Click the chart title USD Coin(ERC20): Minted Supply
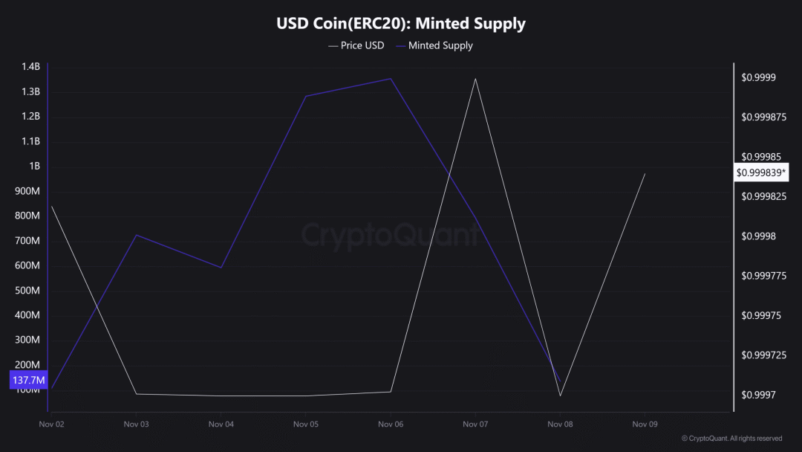tap(401, 24)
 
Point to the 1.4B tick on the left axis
tap(30, 67)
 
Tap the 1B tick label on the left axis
tap(35, 167)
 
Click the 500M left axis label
tap(28, 291)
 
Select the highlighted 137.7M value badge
tap(28, 381)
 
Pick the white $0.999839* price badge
tap(761, 172)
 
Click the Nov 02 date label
tap(51, 424)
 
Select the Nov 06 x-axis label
tap(391, 424)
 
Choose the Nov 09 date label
tap(645, 424)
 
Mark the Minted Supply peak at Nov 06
tap(391, 79)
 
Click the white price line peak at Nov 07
tap(475, 79)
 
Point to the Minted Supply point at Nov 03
tap(137, 235)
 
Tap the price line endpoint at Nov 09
tap(645, 174)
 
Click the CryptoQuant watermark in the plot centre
tap(391, 236)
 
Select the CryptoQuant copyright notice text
tap(731, 439)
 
